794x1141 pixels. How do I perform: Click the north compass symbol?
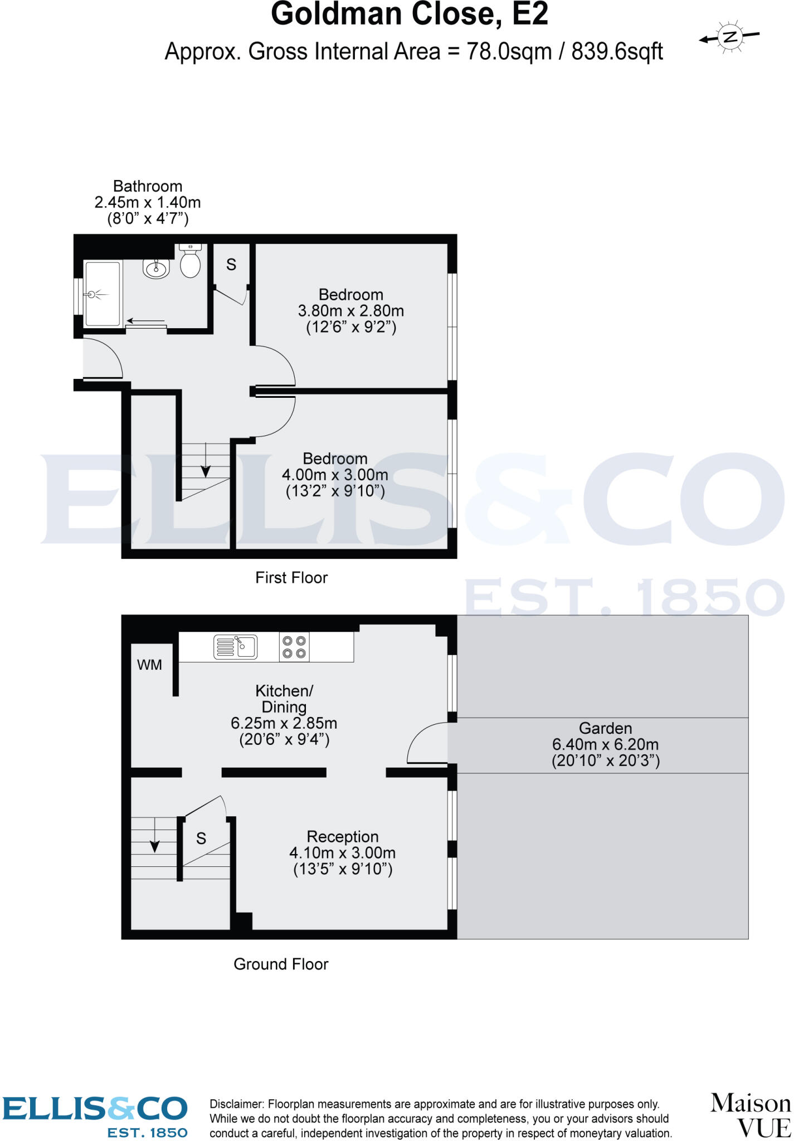click(729, 37)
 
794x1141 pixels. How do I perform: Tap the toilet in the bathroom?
click(191, 262)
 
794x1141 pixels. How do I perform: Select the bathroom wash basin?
click(157, 269)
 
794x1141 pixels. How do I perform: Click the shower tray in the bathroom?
click(102, 294)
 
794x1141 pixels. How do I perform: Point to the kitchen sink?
click(236, 647)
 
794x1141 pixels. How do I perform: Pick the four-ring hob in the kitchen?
click(294, 647)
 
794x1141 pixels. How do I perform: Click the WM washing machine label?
click(149, 665)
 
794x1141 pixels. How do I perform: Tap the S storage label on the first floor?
click(231, 265)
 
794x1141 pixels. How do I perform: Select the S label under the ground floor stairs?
click(201, 838)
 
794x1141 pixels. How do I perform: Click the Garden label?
click(605, 728)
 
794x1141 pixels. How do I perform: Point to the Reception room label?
click(343, 836)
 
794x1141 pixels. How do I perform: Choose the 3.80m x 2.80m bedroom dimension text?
click(351, 311)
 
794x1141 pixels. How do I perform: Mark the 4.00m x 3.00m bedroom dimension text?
click(335, 475)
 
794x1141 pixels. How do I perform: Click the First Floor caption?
click(291, 578)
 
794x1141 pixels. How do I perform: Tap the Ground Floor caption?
click(281, 964)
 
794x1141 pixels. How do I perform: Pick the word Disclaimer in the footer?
click(236, 1104)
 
